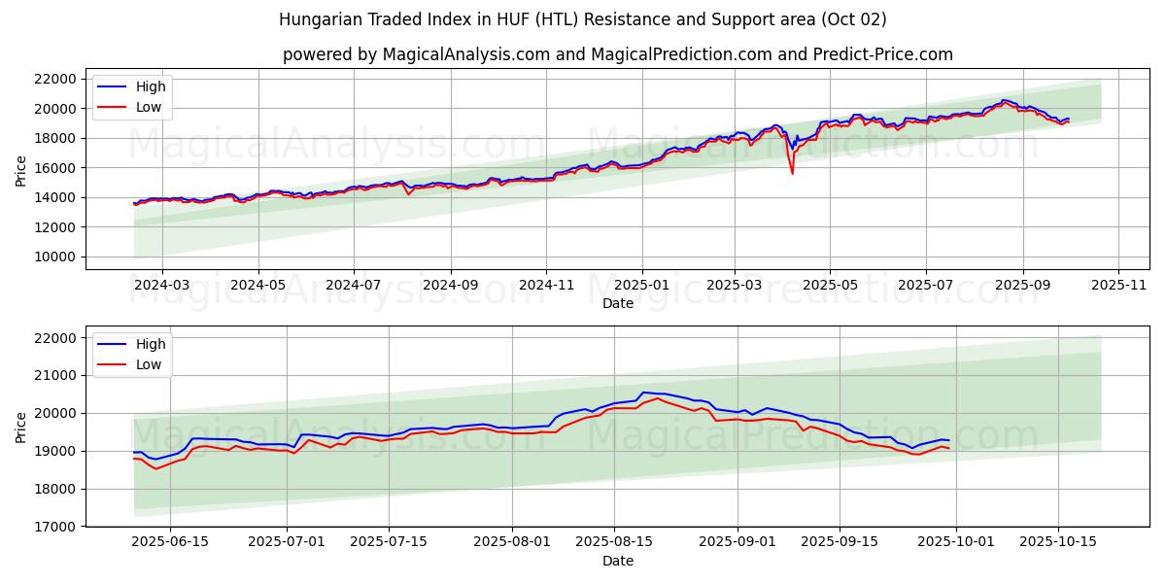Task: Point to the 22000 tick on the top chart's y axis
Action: pyautogui.click(x=54, y=79)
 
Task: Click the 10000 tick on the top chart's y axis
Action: pyautogui.click(x=54, y=257)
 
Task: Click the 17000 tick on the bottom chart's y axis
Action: pyautogui.click(x=54, y=527)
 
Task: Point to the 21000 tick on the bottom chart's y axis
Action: pyautogui.click(x=54, y=375)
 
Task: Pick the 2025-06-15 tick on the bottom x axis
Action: pyautogui.click(x=170, y=541)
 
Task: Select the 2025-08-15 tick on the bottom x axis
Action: pyautogui.click(x=614, y=541)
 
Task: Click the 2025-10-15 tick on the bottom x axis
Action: pyautogui.click(x=1057, y=541)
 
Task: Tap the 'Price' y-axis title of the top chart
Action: pyautogui.click(x=21, y=169)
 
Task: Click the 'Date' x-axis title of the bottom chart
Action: pyautogui.click(x=617, y=561)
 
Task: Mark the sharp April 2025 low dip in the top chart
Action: pyautogui.click(x=792, y=173)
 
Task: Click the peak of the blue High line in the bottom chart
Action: pyautogui.click(x=643, y=393)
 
